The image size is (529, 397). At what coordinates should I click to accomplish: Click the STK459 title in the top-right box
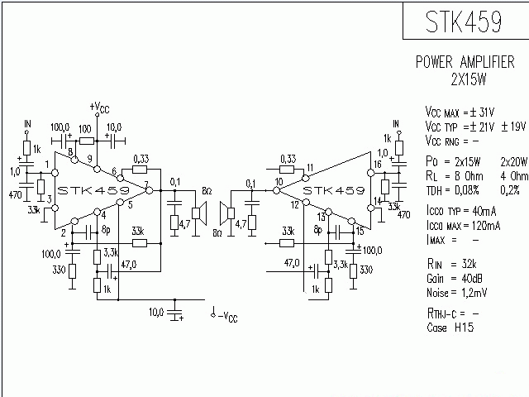coord(464,22)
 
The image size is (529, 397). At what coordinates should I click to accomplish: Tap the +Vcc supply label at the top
coord(98,108)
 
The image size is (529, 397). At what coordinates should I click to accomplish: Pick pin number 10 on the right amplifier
coord(279,181)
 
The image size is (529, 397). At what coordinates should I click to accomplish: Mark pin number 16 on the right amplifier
coord(377,165)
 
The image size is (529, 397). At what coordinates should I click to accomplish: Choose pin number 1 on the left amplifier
coord(47,164)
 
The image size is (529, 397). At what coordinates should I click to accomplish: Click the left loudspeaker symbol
coord(198,213)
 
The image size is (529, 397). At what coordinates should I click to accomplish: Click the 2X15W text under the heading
coord(464,79)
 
